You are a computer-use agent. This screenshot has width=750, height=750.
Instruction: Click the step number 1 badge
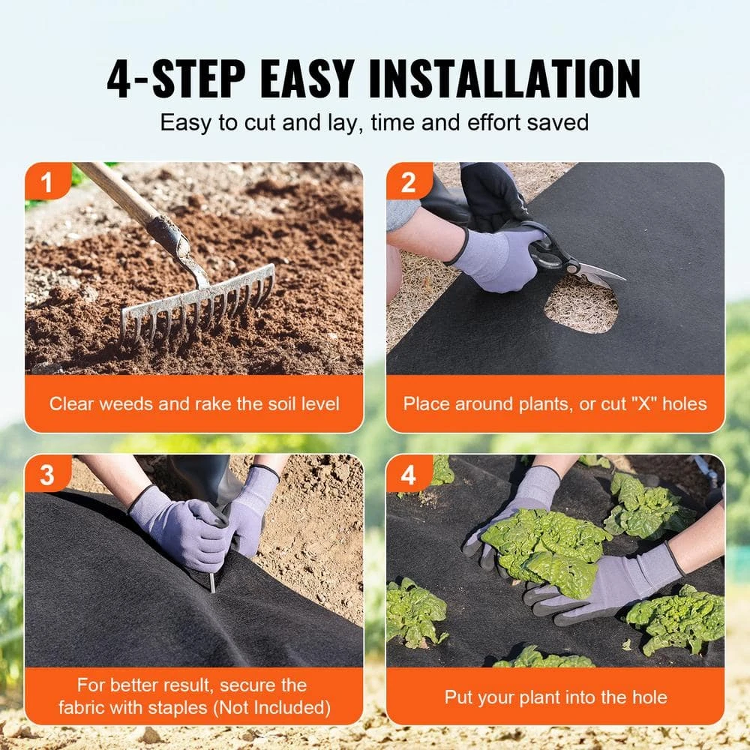point(46,181)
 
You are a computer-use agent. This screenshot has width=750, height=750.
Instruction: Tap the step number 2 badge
point(409,181)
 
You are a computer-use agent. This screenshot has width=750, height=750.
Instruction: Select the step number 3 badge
point(46,474)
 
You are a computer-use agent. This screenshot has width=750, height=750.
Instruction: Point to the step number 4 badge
point(409,474)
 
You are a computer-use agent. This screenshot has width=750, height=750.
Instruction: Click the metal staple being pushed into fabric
point(212,579)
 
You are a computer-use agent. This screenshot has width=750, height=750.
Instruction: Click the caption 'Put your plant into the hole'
point(555,697)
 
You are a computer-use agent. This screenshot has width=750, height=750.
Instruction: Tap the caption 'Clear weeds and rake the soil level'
point(194,403)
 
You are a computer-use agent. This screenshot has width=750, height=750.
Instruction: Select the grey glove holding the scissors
point(495,259)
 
